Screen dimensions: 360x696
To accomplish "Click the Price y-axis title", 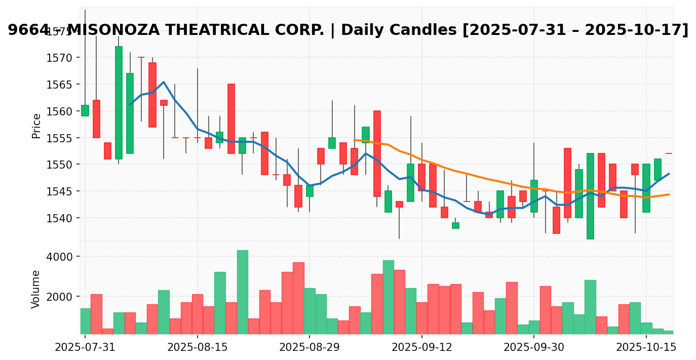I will pos(36,126).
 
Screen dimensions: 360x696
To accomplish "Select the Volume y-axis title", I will pos(36,289).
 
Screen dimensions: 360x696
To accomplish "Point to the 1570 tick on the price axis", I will pos(63,58).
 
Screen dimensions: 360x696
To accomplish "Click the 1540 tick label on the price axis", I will pos(63,218).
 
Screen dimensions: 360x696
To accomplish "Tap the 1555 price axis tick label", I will pos(63,138).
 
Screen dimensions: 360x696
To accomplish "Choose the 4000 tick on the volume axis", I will pos(63,257).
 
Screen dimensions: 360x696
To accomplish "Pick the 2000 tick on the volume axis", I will pos(63,297).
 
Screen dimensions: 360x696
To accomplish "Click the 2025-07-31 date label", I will pos(85,347).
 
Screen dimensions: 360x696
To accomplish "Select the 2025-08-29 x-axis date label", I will pos(310,347).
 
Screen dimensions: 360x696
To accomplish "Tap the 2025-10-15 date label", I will pos(646,347).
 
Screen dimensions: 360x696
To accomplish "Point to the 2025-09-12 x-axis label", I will pos(422,347).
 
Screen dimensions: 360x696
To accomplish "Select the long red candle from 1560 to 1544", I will pos(377,153).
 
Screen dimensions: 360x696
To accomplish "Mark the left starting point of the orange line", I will pos(354,140).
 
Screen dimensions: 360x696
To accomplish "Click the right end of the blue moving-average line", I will pos(669,174).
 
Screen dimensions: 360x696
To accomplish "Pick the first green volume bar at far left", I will pos(85,321).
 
